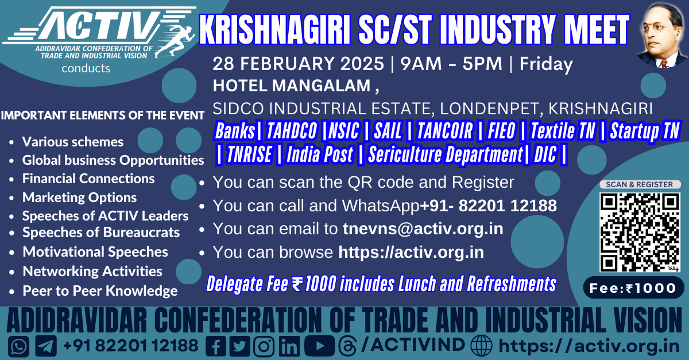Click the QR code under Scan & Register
(640, 233)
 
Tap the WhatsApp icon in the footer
(19, 346)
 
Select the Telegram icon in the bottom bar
(46, 346)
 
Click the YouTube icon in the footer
(319, 346)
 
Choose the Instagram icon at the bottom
(264, 346)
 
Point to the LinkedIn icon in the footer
(289, 346)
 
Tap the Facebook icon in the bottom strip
(216, 346)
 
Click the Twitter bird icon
(239, 346)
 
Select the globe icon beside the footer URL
(482, 346)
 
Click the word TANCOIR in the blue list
(444, 130)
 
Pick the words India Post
(320, 154)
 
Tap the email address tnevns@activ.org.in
(423, 229)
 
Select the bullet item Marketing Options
(79, 198)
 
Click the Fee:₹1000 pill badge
(634, 288)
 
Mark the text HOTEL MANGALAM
(292, 86)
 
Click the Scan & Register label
(640, 184)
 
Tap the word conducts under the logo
(86, 68)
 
